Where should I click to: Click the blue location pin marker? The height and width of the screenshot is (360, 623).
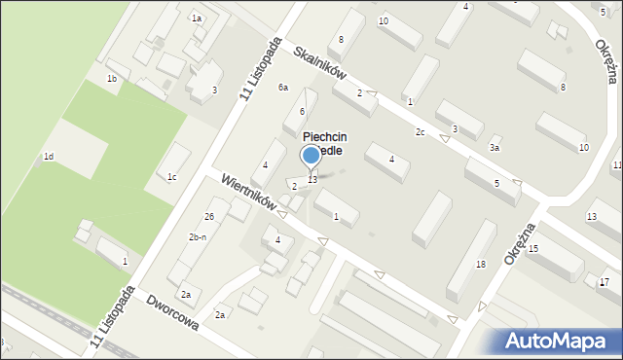pos(311,156)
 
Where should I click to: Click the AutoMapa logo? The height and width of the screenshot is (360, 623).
pos(558,342)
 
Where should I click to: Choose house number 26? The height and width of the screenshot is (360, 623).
pos(209,215)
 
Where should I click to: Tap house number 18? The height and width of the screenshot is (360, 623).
pos(480,265)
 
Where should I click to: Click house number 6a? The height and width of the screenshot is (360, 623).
pos(283,88)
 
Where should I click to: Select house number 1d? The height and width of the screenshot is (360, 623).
pos(48,157)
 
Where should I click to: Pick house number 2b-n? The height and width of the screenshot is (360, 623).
pos(198,237)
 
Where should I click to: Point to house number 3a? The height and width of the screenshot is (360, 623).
pos(495,148)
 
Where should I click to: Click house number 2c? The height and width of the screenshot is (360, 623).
pos(421,131)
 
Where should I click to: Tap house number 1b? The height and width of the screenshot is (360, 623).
pos(112,78)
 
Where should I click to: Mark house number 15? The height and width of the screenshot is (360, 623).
pos(533,249)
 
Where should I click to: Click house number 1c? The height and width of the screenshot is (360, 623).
pos(171,176)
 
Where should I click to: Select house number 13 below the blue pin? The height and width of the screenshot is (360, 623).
pos(311,179)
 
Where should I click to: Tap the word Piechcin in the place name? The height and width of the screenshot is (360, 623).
pos(325,138)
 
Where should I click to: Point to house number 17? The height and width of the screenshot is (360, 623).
pos(605,281)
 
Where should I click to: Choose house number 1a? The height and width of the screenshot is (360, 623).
pos(197,18)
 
